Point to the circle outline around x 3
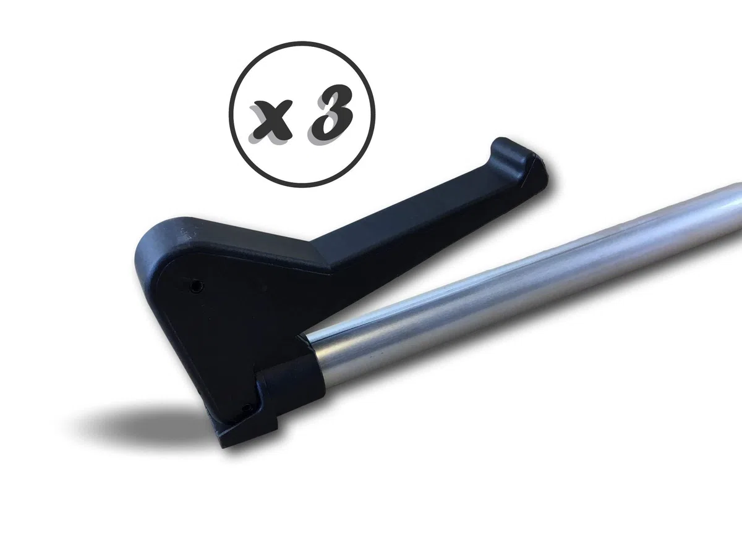coord(229,115)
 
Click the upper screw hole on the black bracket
coord(195,286)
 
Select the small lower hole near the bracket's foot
coord(248,408)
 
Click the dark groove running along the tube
coord(507,267)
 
